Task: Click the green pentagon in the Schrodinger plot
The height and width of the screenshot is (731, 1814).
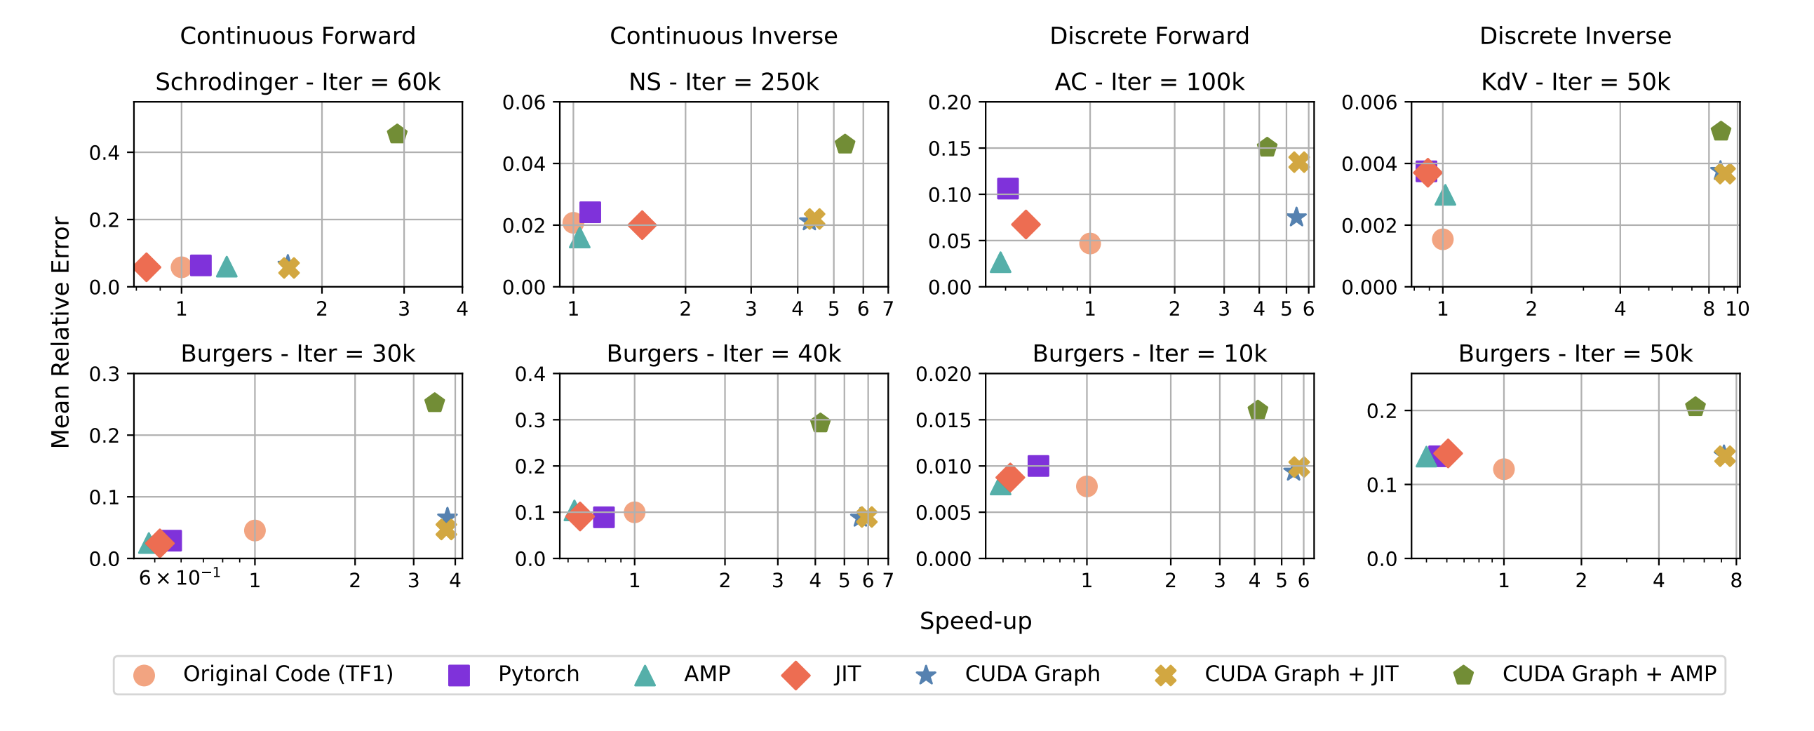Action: pos(397,134)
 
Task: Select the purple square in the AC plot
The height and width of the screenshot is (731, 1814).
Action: pos(1008,188)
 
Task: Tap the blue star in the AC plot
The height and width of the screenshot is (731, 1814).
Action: pos(1296,217)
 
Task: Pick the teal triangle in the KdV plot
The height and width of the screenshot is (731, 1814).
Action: pos(1445,195)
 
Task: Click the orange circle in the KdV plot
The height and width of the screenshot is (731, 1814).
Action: pos(1442,239)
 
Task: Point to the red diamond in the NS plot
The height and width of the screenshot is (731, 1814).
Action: pos(642,225)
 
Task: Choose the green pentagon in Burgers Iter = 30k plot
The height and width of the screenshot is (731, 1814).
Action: pos(434,403)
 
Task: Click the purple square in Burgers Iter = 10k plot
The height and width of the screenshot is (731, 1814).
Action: pos(1038,466)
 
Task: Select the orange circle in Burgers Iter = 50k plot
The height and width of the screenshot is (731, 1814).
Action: pos(1503,469)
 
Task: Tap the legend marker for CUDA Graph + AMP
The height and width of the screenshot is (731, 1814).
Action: pos(1463,675)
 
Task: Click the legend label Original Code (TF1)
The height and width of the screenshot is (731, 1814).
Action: pos(288,674)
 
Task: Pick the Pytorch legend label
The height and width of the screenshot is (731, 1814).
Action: pos(538,674)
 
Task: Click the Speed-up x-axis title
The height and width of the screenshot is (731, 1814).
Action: pos(975,620)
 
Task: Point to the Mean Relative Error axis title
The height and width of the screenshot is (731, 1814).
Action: pos(60,331)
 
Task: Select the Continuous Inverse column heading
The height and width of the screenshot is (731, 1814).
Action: pos(723,36)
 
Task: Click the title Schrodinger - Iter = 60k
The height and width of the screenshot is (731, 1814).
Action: pos(297,81)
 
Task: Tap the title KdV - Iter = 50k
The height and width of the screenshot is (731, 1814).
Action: pos(1576,81)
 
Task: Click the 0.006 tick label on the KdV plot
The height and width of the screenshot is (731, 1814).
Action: pos(1369,103)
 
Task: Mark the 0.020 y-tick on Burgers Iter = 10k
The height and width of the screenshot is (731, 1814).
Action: pos(943,374)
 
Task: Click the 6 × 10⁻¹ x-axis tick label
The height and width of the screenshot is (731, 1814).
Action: pos(180,578)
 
